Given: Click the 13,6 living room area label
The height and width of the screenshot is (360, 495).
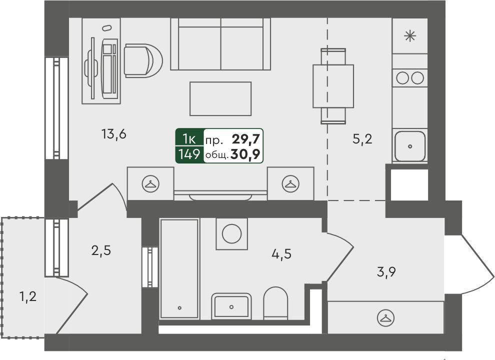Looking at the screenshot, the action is (114, 134).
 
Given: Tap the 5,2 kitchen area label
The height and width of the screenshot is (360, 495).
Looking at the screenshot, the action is (362, 139).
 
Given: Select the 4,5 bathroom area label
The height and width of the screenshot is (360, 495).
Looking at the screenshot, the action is (281, 253).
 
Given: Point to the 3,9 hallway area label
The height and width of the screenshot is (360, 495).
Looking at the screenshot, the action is (386, 271).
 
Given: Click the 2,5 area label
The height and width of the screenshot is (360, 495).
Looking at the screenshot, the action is (101, 250).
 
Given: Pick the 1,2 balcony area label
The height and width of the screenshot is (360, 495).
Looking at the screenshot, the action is (28, 297).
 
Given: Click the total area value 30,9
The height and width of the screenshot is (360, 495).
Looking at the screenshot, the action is (245, 154).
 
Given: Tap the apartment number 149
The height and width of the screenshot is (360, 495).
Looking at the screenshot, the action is (189, 154).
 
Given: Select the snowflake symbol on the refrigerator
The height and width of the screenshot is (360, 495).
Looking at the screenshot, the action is (410, 36).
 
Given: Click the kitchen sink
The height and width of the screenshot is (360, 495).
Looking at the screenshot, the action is (410, 146).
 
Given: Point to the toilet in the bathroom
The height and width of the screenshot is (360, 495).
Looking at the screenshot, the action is (275, 303).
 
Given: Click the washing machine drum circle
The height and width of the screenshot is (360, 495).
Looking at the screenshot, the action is (231, 233).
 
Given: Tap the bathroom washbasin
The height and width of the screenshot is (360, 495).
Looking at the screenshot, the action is (231, 306).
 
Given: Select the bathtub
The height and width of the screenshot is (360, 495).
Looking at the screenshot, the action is (179, 269).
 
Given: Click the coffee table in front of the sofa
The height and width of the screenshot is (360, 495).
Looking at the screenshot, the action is (220, 98).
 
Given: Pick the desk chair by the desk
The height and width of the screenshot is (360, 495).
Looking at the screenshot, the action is (143, 60).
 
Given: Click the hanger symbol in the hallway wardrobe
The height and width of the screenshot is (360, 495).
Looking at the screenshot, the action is (385, 317).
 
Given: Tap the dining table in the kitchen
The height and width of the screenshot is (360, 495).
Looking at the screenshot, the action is (333, 86).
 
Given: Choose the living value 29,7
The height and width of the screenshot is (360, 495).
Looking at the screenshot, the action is (245, 138).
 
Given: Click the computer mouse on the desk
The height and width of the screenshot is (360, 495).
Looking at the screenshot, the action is (107, 28).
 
